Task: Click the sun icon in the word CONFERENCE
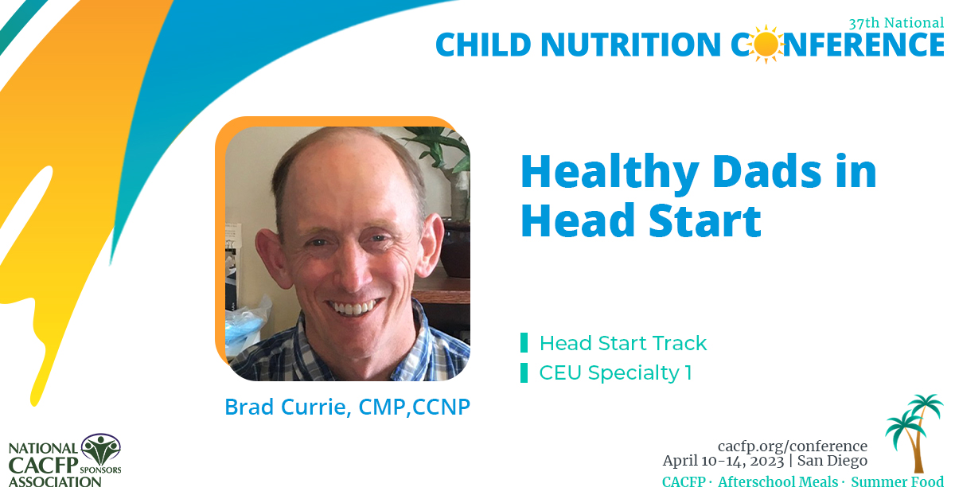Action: pyautogui.click(x=766, y=45)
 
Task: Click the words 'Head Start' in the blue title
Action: pyautogui.click(x=641, y=222)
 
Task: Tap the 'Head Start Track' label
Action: pyautogui.click(x=622, y=343)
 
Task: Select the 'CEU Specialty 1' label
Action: pyautogui.click(x=615, y=372)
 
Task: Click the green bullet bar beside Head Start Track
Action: pyautogui.click(x=524, y=343)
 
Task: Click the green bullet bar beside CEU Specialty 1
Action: pyautogui.click(x=524, y=372)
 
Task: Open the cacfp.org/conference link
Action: pyautogui.click(x=792, y=446)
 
